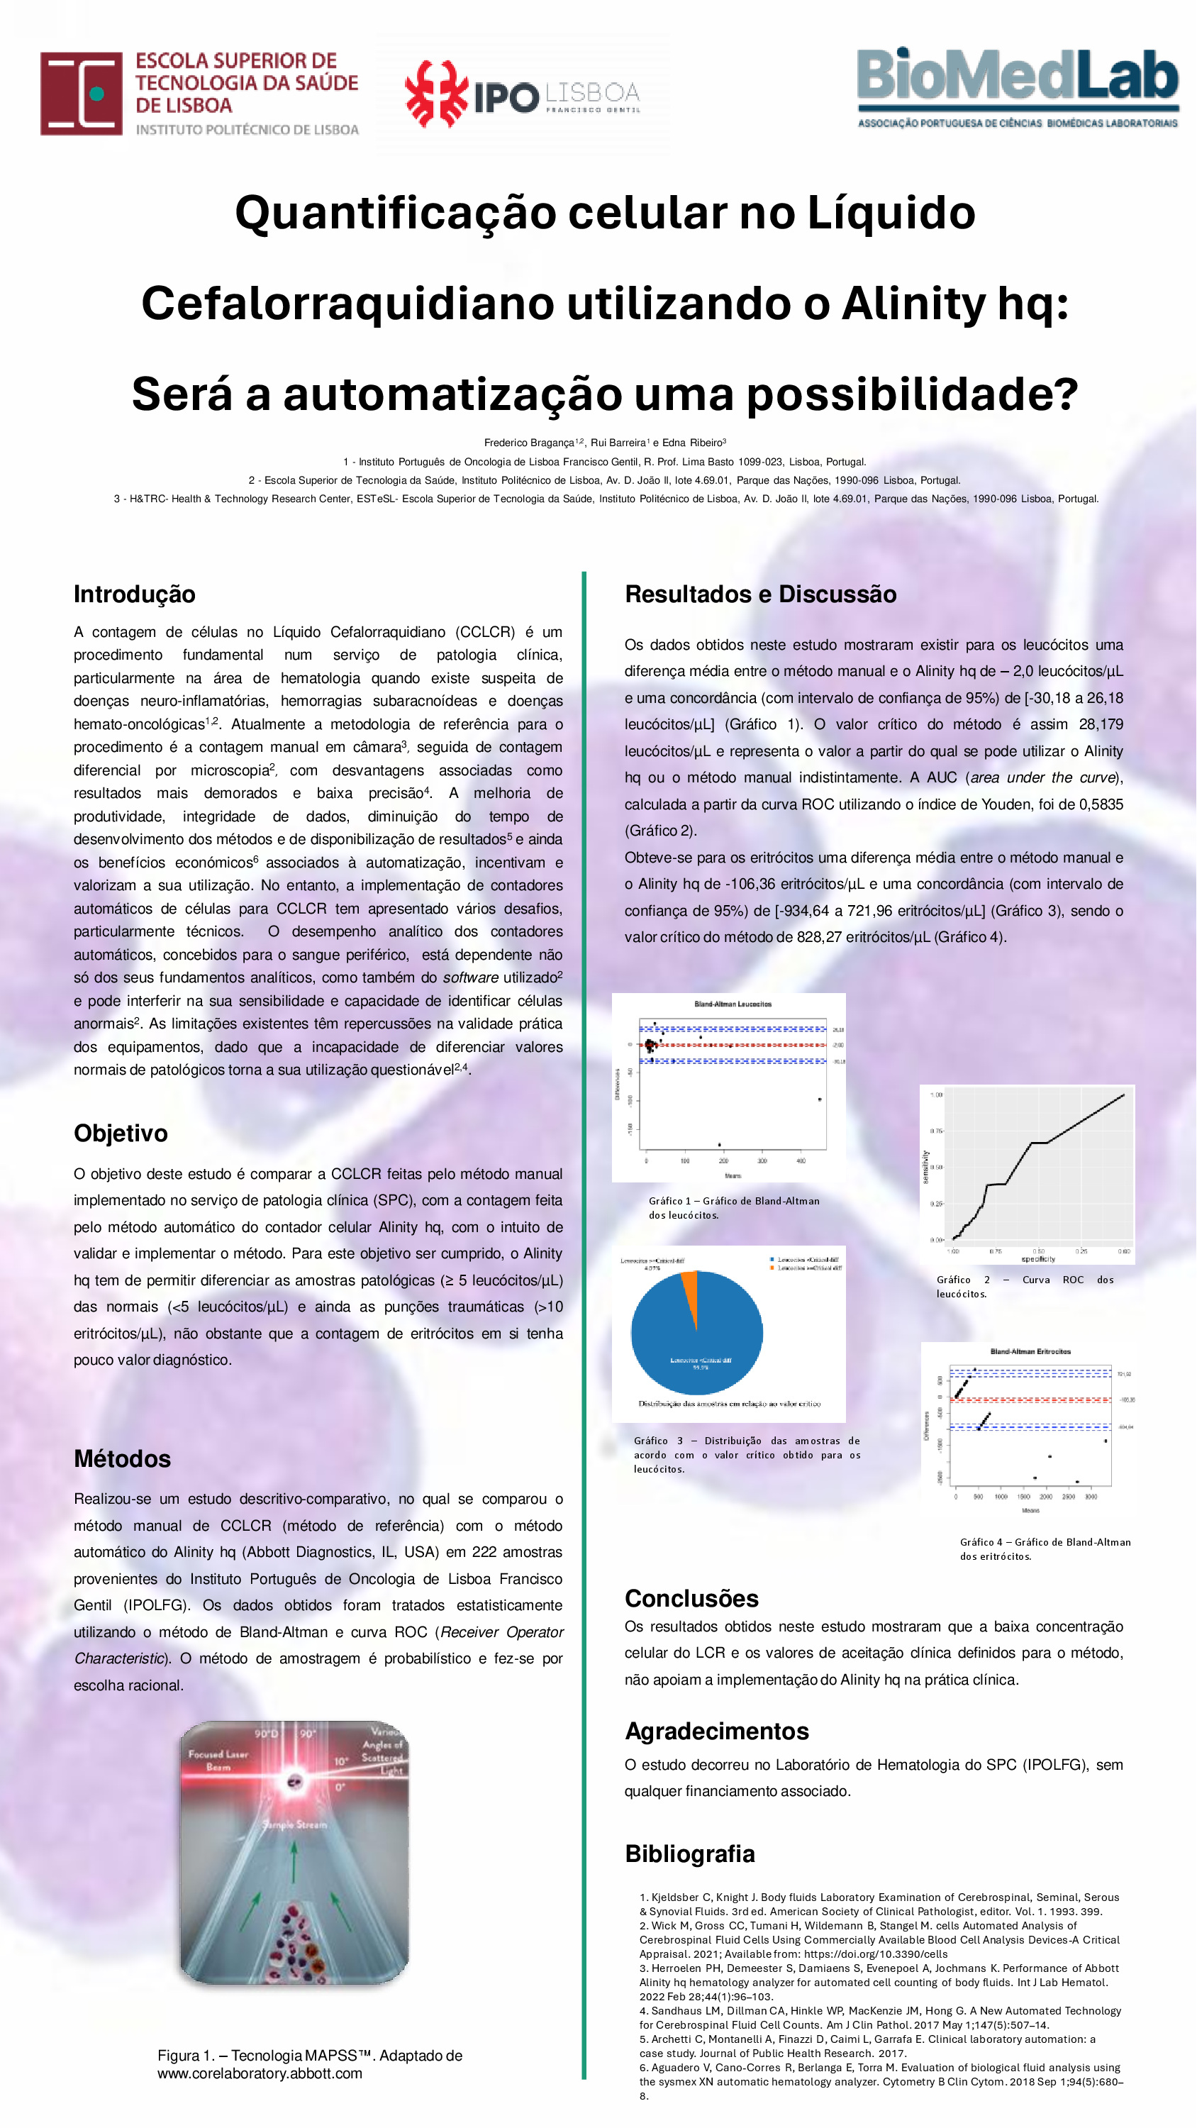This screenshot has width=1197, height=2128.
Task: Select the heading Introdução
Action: tap(135, 594)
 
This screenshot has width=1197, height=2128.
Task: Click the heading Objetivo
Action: tap(121, 1133)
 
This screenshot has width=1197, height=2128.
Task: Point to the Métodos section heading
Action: tap(122, 1458)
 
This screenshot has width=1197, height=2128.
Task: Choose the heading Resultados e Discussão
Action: tap(760, 594)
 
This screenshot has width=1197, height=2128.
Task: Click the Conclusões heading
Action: tap(691, 1597)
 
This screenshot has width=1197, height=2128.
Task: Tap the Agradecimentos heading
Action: tap(716, 1731)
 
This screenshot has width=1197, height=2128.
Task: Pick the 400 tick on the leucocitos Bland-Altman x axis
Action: tap(801, 1161)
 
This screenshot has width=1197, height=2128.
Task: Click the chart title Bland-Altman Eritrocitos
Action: tap(1030, 1352)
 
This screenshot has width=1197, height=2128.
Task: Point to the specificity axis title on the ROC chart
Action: tap(1038, 1260)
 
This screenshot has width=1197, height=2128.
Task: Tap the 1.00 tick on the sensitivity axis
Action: tap(936, 1095)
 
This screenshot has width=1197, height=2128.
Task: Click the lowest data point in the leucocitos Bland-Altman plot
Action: tap(720, 1144)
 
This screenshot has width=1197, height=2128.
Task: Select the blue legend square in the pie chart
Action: tap(772, 1260)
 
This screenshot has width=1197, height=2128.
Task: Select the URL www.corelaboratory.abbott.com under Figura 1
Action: tap(260, 2073)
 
